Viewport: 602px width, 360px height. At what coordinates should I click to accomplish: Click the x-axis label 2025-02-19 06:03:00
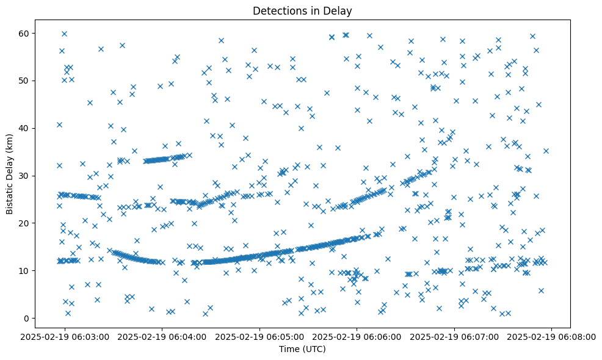65,336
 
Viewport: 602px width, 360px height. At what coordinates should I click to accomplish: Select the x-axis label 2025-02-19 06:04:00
162,336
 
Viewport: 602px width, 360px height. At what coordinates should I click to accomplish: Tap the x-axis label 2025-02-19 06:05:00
260,336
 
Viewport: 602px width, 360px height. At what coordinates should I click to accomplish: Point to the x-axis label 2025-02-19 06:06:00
357,336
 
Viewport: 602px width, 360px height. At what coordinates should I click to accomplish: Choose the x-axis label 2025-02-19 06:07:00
455,336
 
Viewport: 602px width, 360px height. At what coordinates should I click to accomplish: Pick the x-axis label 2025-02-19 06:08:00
552,336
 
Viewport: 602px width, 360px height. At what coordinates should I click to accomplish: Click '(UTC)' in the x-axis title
314,349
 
